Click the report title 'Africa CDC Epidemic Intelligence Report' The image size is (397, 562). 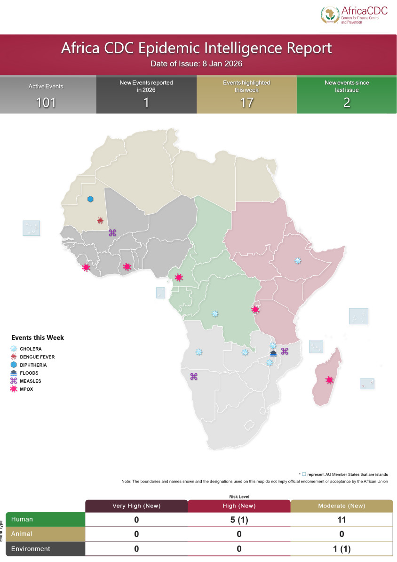point(197,48)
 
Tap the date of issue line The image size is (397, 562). point(197,64)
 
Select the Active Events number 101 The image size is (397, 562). point(46,103)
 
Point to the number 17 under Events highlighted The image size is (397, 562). point(246,103)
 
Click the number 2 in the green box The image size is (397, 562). point(347,103)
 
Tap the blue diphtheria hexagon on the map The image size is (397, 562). point(90,199)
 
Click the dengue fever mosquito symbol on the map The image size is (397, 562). point(100,220)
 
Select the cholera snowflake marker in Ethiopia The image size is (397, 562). point(297,260)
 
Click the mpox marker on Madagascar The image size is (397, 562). point(329,380)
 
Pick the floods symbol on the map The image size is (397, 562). point(273,354)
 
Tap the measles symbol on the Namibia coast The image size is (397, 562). point(193,376)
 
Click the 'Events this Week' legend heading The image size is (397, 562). point(38,337)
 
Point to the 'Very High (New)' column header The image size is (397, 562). point(136,506)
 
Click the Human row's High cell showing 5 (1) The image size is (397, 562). point(239,520)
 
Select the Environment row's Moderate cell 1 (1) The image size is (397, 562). point(341,549)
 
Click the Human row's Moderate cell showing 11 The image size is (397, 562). point(341,520)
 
